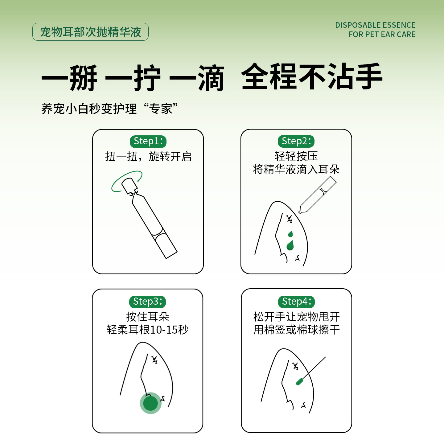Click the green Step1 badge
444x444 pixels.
[x=148, y=141]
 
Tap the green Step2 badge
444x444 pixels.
[x=296, y=141]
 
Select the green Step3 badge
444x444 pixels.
[x=147, y=301]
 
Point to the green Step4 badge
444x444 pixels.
[x=296, y=301]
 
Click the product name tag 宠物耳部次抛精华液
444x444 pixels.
[x=90, y=32]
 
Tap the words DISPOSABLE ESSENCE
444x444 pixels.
[x=375, y=25]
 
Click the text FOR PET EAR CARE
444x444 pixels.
[x=382, y=35]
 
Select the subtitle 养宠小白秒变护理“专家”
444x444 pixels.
[x=109, y=109]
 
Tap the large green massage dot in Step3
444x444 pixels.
[x=150, y=403]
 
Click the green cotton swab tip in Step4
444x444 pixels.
[x=300, y=382]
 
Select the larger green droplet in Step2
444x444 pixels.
[x=290, y=246]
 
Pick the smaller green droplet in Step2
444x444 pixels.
[x=290, y=234]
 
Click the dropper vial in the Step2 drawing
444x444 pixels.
[x=318, y=195]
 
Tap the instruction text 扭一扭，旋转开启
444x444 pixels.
[x=148, y=157]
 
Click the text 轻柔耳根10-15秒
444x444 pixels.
[x=147, y=330]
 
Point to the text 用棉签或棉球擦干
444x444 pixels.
[x=296, y=330]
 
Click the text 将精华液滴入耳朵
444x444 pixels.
[x=296, y=169]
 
